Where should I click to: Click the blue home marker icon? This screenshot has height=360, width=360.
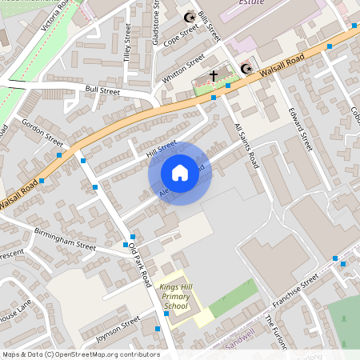click(x=180, y=173)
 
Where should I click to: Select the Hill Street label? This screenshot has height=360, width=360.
click(x=162, y=148)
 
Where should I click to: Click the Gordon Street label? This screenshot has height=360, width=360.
click(x=43, y=130)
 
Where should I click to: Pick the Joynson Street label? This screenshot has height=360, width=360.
click(x=118, y=332)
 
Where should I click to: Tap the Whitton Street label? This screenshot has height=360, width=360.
click(x=183, y=70)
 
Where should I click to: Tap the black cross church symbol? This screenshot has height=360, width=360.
click(x=214, y=76)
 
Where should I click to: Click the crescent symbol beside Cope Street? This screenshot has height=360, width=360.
click(x=190, y=17)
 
